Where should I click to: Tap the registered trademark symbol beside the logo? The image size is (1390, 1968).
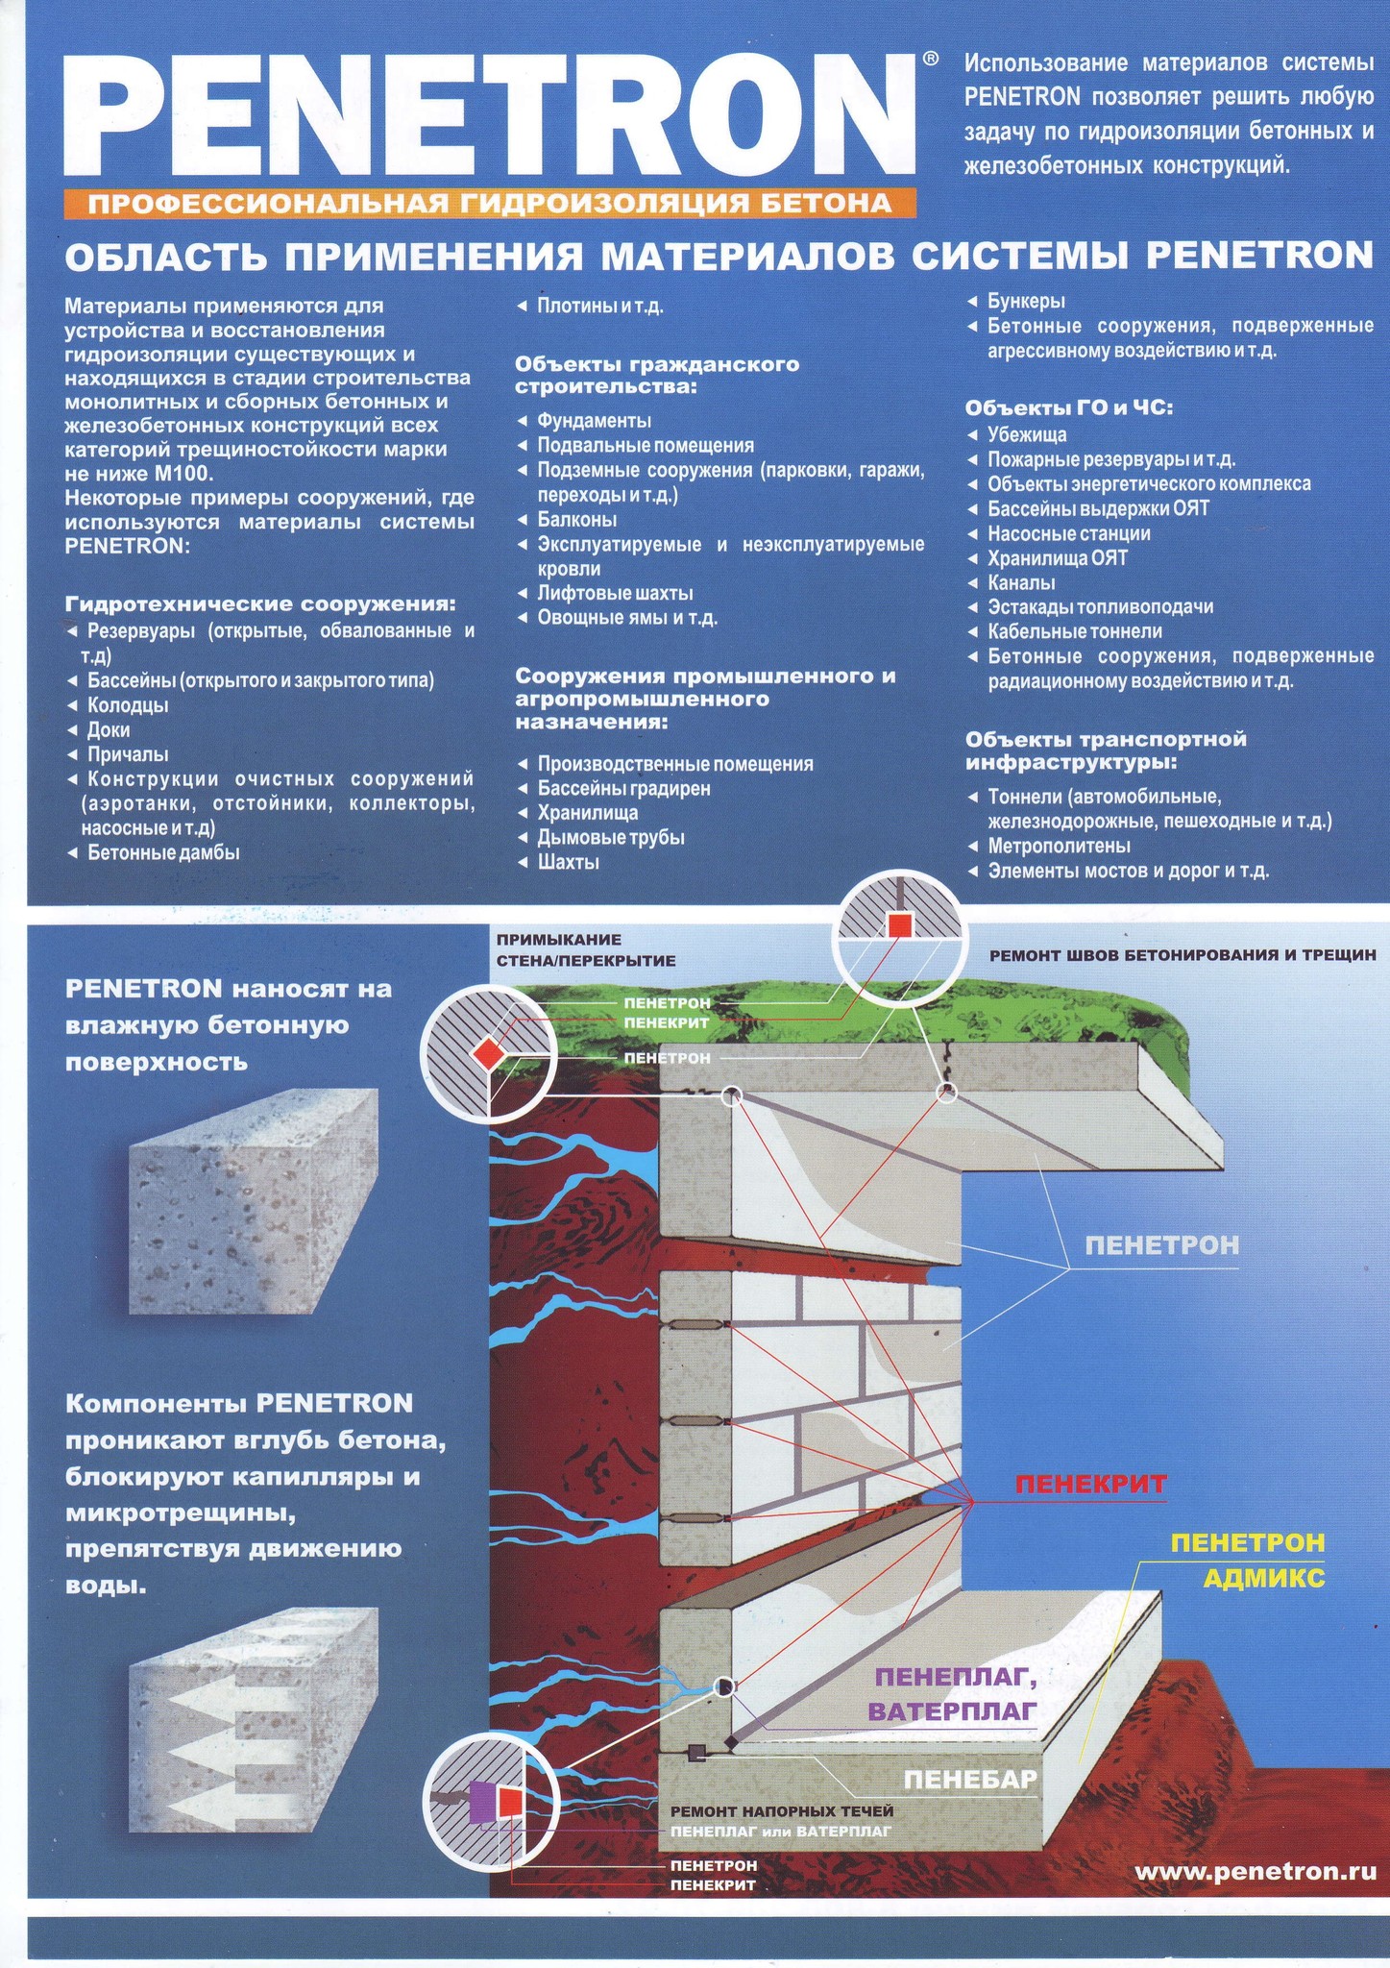(x=930, y=60)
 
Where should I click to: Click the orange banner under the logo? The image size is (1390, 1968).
(x=489, y=203)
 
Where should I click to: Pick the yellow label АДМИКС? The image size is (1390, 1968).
(x=1264, y=1578)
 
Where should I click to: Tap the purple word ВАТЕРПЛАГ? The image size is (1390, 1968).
(x=952, y=1710)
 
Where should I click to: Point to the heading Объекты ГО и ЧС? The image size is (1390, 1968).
(x=1069, y=407)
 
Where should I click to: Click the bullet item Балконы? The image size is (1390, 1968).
(x=576, y=520)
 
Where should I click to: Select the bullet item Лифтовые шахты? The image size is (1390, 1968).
(x=615, y=593)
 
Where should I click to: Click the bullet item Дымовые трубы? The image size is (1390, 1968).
(x=611, y=837)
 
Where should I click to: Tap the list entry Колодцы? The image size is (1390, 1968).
(x=128, y=705)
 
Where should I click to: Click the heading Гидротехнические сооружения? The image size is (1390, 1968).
(x=259, y=604)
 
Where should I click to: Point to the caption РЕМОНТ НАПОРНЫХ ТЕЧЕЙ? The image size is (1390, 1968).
(x=781, y=1811)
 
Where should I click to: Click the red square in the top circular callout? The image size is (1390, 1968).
(x=899, y=924)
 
